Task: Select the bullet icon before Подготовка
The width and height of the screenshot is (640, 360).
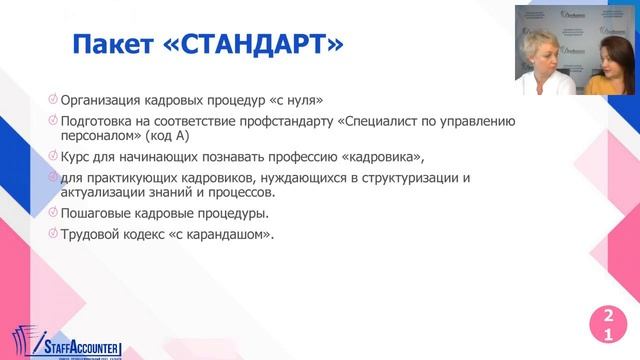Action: coord(52,121)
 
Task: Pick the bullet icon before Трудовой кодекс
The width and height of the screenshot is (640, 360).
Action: coord(52,234)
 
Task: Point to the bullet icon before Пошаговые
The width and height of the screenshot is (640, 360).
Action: coord(52,213)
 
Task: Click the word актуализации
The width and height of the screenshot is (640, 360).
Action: coord(105,193)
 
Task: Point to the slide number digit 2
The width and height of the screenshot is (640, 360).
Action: coord(606,318)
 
